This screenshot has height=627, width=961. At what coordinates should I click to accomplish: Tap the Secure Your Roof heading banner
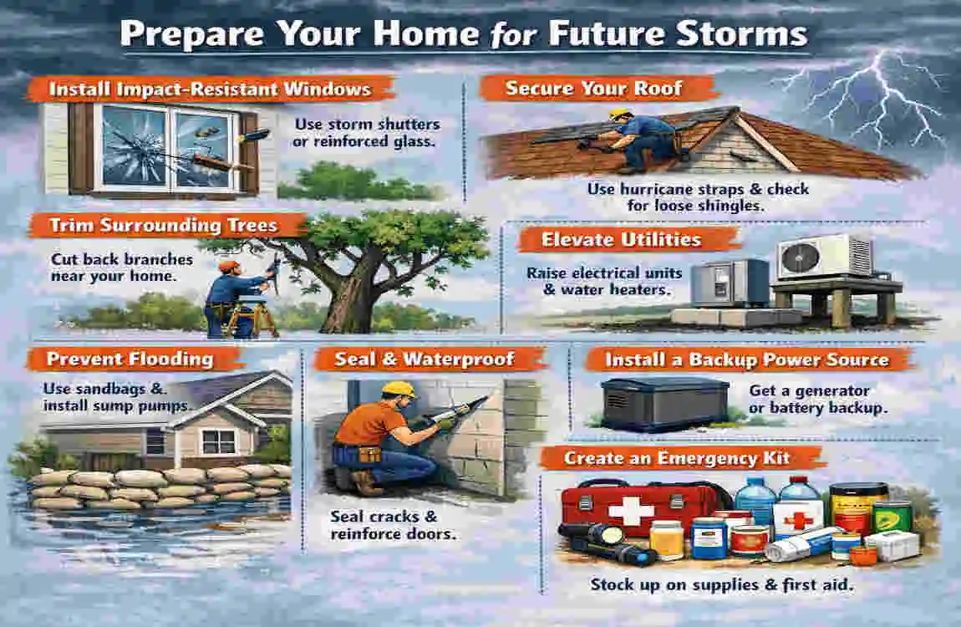tap(597, 89)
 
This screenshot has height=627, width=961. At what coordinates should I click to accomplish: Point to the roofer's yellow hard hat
tap(620, 114)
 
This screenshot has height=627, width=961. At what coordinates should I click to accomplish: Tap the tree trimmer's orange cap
tap(229, 266)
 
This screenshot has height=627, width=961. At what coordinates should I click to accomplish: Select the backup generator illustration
tap(664, 404)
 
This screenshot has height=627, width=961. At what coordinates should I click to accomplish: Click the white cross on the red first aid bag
tap(630, 511)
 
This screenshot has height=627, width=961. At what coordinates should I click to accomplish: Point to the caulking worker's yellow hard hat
tap(399, 390)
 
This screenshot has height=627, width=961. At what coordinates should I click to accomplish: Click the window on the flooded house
tap(218, 441)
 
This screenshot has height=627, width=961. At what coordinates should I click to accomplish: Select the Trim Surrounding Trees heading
tap(165, 226)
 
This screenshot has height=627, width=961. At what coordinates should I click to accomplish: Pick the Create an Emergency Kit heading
tap(677, 458)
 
